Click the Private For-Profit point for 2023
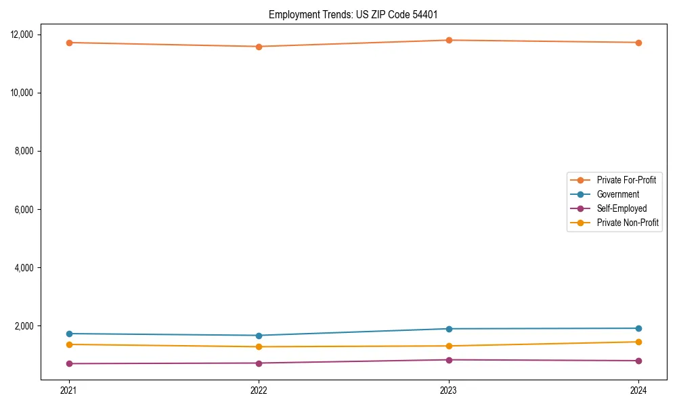tap(449, 40)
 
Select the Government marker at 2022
tap(259, 336)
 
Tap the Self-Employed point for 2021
tap(68, 363)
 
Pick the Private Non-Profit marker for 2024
tap(638, 342)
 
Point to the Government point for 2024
tap(638, 328)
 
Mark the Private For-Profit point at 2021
tap(68, 43)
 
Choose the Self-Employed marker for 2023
tap(449, 360)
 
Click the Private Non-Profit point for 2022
tap(259, 346)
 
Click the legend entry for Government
tap(617, 194)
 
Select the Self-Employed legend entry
tap(621, 208)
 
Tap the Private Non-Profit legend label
tap(628, 223)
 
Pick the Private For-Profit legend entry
tap(626, 180)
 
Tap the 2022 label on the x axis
tap(259, 390)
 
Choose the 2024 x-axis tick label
tap(638, 390)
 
